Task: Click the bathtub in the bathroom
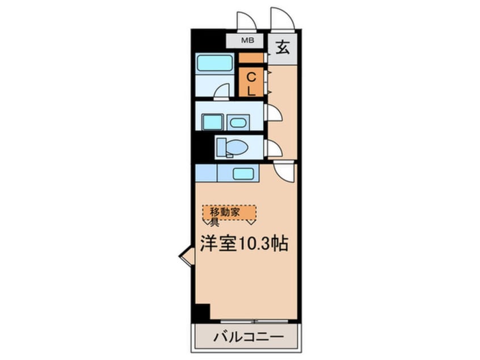pos(215,62)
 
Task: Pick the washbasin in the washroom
pos(239,122)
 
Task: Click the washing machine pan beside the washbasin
pos(213,122)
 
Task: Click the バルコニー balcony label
pos(247,337)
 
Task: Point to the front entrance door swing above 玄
pos(282,19)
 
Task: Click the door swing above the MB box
pos(247,21)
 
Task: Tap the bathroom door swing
pos(222,92)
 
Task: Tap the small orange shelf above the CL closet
pos(251,57)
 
